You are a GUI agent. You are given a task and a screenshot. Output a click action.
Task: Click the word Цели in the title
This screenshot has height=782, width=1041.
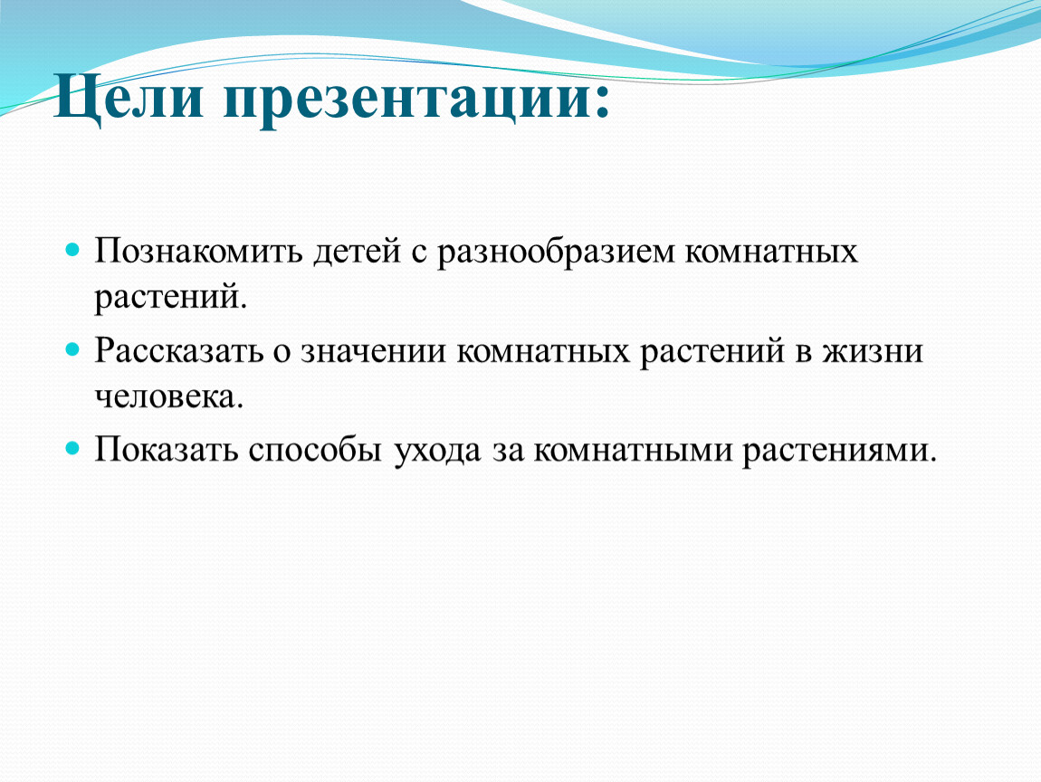(x=129, y=99)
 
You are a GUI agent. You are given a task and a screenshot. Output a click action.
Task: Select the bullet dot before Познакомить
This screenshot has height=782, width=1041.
(x=72, y=251)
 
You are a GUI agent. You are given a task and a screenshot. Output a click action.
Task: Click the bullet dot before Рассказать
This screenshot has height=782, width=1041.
(x=72, y=350)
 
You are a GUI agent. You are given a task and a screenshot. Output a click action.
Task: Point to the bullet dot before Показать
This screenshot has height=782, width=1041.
(x=72, y=449)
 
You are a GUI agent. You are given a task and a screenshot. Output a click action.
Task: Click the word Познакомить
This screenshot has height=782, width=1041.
(x=198, y=251)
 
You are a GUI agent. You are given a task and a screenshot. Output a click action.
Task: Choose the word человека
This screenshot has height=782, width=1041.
(x=168, y=397)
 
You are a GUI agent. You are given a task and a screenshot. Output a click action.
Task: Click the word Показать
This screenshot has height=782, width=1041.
(x=166, y=451)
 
